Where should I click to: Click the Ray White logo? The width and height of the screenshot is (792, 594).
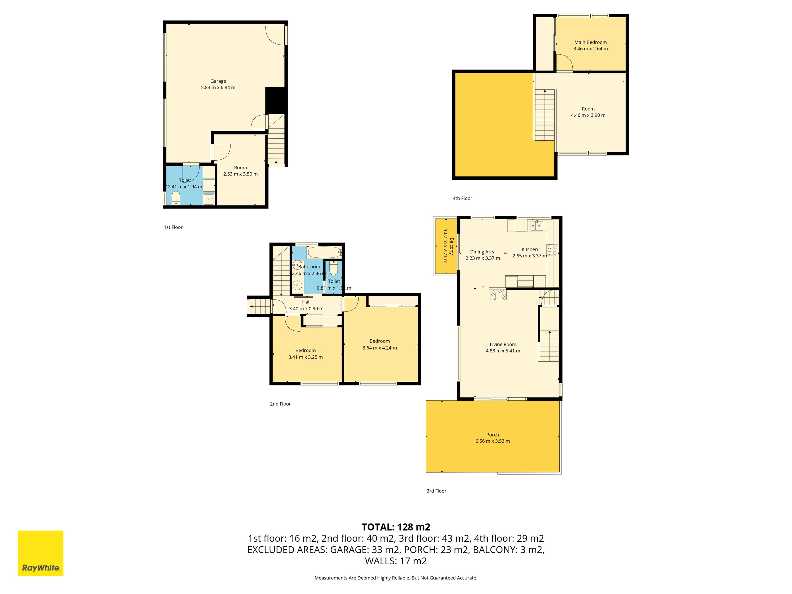(41, 553)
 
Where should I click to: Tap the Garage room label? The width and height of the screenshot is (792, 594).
(218, 81)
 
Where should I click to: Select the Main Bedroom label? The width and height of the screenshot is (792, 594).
(590, 42)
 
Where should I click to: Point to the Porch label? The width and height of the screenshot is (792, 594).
(493, 435)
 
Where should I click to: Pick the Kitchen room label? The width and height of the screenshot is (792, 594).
(530, 250)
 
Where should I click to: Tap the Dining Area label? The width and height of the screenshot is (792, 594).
(483, 252)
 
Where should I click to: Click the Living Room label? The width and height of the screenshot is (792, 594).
(503, 344)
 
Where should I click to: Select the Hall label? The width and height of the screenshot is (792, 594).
(306, 302)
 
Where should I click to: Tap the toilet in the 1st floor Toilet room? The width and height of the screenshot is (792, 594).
(176, 198)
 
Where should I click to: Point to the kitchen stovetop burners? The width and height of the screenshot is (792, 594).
(552, 250)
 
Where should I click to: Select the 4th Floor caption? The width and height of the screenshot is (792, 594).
(462, 198)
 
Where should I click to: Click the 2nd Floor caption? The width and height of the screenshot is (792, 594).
(280, 404)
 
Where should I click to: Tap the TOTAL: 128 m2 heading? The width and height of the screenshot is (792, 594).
(396, 527)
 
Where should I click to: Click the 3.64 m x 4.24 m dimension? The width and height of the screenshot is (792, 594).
(380, 348)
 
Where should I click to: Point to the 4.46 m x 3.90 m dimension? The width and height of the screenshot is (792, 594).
(588, 115)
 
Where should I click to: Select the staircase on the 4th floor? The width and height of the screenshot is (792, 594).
(544, 115)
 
